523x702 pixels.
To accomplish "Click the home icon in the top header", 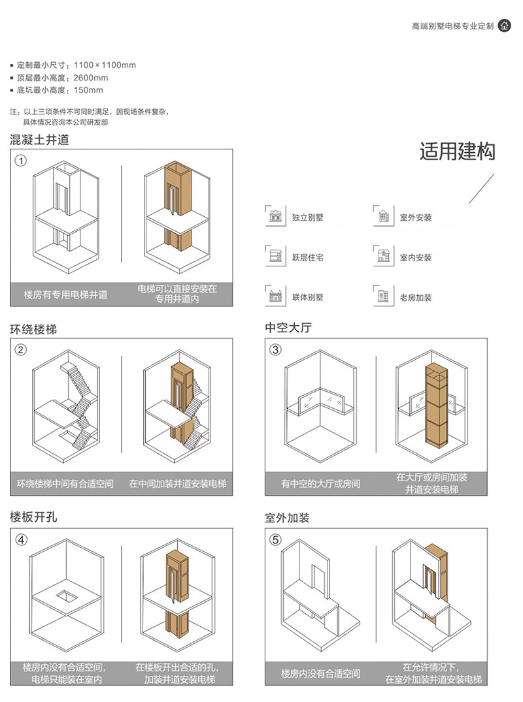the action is coord(504,25).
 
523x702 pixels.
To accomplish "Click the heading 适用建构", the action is coord(457,152).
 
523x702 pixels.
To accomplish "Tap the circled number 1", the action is coord(21,160).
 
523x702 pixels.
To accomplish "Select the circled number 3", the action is coord(275,349).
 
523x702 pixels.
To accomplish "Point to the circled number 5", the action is coord(275,539).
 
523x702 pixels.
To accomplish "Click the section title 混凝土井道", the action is coord(39,140).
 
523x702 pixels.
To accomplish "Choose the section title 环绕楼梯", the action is coord(33,330).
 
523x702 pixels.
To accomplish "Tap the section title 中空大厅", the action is coord(288,328).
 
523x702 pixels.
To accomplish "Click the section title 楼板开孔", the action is coord(33,517).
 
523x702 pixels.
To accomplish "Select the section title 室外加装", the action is coord(287,518).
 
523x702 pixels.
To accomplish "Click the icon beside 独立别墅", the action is coord(275,215).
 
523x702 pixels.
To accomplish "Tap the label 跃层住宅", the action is coord(308,257).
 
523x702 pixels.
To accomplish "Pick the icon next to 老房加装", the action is coord(383,295).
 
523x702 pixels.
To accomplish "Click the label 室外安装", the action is coord(416,217).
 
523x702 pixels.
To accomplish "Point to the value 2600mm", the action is coord(90,78).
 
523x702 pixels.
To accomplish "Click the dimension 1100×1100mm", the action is coord(105,65).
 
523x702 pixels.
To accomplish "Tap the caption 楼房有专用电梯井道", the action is coord(65,295).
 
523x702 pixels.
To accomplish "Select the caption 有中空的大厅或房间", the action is coord(320,483).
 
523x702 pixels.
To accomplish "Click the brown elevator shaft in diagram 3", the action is coord(437,405).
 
